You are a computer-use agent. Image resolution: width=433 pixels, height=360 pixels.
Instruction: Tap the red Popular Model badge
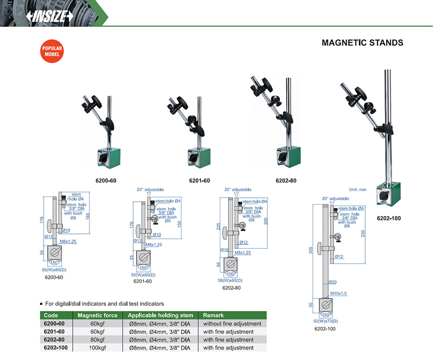coord(51,52)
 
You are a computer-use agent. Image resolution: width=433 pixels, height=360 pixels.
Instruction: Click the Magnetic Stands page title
coord(362,43)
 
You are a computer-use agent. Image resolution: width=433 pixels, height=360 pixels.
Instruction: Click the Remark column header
coord(213,316)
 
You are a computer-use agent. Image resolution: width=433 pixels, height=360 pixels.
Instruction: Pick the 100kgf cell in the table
coord(98,347)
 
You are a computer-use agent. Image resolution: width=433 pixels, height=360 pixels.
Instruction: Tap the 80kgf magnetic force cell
coord(98,340)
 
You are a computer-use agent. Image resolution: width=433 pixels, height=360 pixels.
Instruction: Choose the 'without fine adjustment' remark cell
coord(232,324)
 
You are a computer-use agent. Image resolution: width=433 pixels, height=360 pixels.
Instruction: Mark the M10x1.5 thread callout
coord(339,293)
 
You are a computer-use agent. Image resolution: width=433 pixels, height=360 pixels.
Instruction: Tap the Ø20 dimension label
coord(332,282)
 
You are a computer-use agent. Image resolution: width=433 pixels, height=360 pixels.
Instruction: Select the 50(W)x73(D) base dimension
coord(325,321)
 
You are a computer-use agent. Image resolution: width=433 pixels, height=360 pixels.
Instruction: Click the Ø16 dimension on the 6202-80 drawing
coord(224,250)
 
